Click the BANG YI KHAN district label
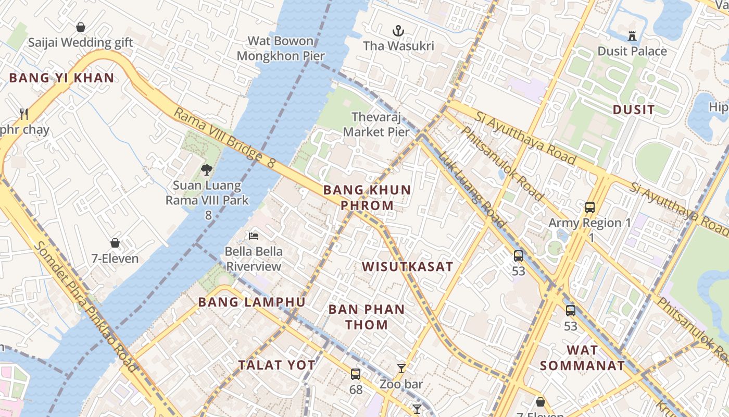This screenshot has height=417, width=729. click(x=61, y=78)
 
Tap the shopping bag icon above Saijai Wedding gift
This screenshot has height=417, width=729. click(x=81, y=27)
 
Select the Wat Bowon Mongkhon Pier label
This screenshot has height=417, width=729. click(x=281, y=48)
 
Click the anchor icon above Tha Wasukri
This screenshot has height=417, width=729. click(x=398, y=31)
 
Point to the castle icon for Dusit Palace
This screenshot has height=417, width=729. click(x=632, y=36)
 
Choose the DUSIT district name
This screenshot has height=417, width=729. click(x=633, y=109)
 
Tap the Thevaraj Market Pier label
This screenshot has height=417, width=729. click(x=376, y=125)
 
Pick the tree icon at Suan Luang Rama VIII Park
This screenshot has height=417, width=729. click(x=207, y=169)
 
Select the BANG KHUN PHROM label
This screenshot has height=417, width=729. click(x=367, y=198)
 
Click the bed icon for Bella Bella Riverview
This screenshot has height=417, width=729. click(x=254, y=236)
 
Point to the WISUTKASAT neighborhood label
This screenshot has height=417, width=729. click(x=408, y=267)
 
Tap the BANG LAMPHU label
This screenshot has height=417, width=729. click(x=252, y=302)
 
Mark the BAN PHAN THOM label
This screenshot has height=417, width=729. click(x=367, y=317)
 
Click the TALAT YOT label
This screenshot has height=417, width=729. click(x=276, y=365)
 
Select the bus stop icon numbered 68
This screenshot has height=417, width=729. click(x=356, y=374)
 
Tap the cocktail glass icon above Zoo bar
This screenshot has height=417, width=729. click(x=401, y=369)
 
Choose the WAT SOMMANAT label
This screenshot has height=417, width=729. click(x=582, y=358)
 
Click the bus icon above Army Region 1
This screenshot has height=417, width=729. click(x=589, y=207)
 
